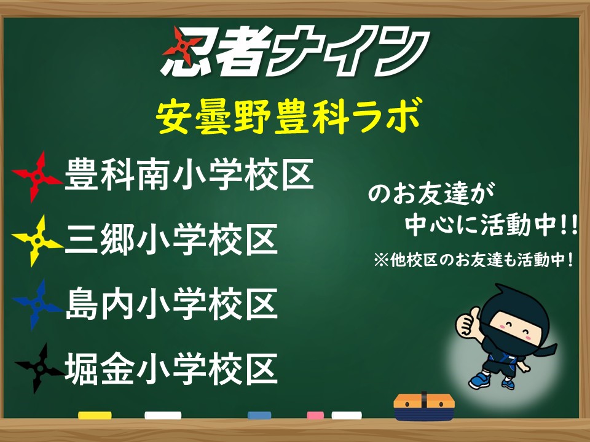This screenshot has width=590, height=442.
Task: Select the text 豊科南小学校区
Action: click(189, 175)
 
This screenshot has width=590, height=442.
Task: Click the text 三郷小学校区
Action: click(171, 239)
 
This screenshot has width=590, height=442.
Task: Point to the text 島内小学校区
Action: click(171, 304)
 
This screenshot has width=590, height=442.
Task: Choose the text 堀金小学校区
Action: click(171, 368)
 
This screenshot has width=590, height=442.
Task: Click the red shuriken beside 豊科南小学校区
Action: click(37, 176)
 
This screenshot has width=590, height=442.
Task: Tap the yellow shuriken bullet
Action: click(37, 240)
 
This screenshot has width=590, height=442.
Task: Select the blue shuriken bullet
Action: click(37, 304)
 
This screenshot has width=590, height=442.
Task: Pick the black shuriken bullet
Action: click(39, 369)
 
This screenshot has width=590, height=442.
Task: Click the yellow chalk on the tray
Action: click(95, 416)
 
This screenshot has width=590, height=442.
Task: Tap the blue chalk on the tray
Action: click(259, 416)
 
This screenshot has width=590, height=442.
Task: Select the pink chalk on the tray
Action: click(315, 416)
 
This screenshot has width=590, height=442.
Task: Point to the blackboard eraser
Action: click(424, 407)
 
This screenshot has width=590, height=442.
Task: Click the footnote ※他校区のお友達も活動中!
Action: click(473, 260)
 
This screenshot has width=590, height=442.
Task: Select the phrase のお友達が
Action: click(431, 193)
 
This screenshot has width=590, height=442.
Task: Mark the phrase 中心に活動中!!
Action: click(491, 225)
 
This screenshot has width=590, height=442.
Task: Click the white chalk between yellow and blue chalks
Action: click(163, 416)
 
